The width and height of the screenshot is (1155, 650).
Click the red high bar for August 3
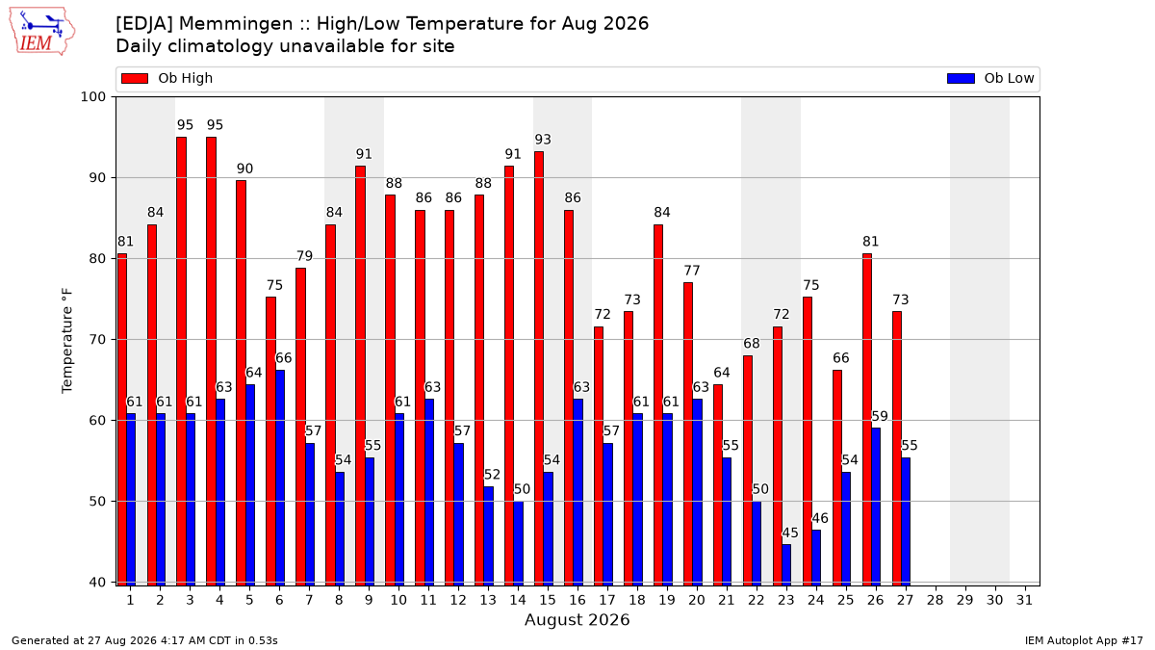(181, 361)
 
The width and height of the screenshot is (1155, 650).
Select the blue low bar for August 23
(786, 565)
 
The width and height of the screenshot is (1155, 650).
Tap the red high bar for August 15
(539, 368)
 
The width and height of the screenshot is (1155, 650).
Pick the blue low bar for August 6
(280, 478)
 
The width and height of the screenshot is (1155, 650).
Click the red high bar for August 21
(718, 485)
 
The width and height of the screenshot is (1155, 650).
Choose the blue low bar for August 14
(518, 543)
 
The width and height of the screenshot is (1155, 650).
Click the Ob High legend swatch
(135, 78)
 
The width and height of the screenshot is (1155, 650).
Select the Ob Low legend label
(1009, 78)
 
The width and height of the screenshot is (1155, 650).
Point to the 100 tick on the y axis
(92, 97)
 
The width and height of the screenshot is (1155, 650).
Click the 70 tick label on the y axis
(97, 340)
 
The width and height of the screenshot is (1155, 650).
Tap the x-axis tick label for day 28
(935, 600)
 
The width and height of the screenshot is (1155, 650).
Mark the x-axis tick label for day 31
(1024, 600)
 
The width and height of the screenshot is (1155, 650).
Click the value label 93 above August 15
(543, 140)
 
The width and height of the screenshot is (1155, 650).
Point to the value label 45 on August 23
(790, 533)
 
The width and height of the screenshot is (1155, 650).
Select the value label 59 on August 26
(880, 416)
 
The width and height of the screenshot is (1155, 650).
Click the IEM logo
(41, 32)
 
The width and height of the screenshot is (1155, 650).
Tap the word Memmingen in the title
(243, 24)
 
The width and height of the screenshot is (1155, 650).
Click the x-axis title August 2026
(577, 619)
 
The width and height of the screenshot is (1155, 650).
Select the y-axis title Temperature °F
(67, 341)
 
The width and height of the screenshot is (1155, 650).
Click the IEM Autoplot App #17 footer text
(1084, 640)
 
